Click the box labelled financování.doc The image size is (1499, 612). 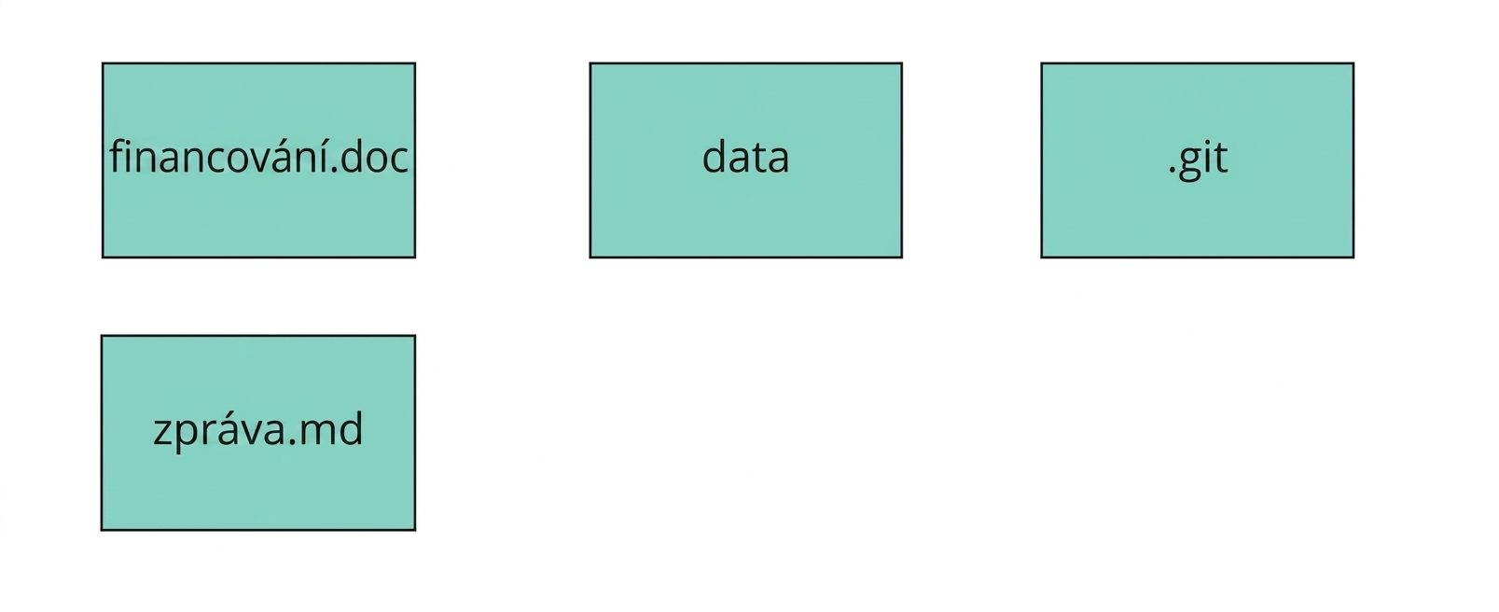258,160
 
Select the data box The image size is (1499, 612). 745,160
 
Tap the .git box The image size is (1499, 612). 1197,160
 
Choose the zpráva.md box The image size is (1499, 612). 258,433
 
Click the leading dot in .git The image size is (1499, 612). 1173,172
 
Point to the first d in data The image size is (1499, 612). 715,156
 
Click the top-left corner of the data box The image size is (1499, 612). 590,63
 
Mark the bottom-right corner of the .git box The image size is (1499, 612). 1354,257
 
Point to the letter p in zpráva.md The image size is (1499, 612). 189,436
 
